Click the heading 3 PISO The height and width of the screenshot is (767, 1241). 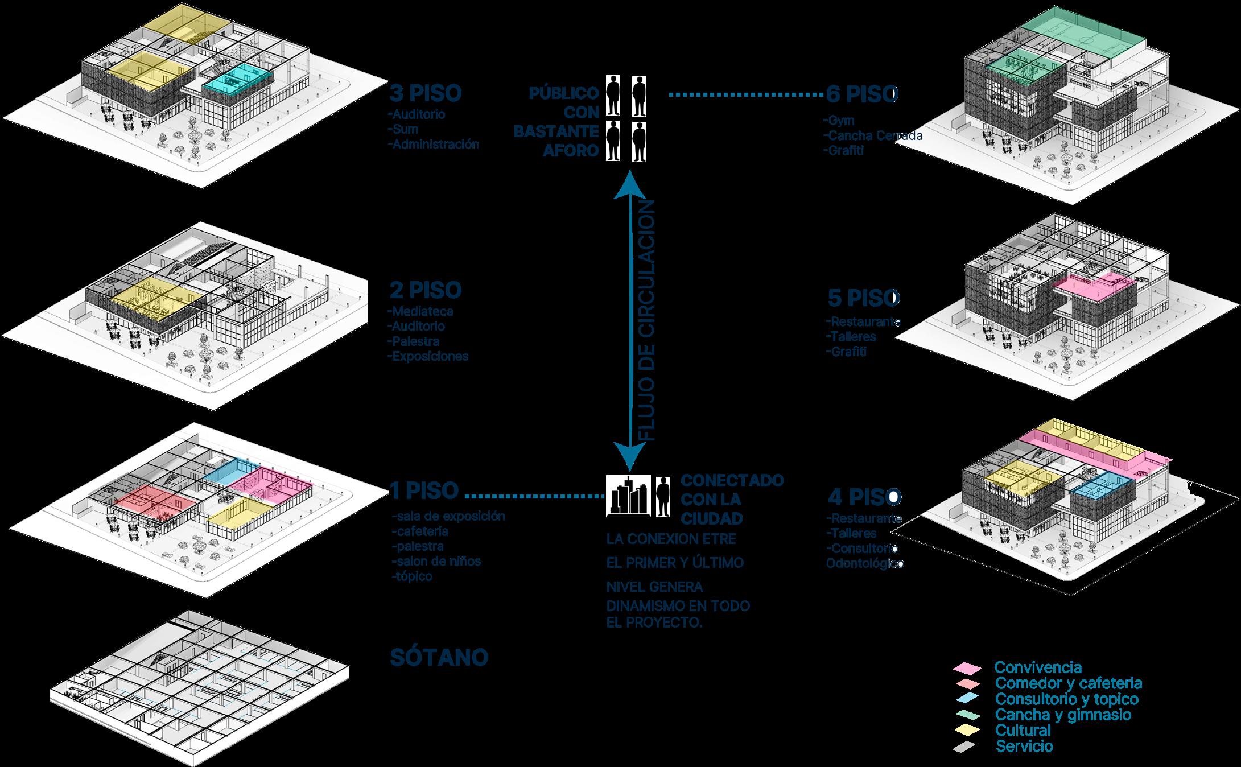pos(425,93)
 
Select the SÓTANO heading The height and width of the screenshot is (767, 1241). pos(439,658)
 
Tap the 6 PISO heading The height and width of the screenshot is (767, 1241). pos(861,94)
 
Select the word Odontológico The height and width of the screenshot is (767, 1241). pos(865,564)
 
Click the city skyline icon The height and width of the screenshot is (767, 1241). pos(627,496)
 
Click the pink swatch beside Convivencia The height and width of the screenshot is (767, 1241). pos(967,667)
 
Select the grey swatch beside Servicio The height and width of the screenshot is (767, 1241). pos(966,747)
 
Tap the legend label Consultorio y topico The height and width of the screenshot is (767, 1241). pos(1066,699)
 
